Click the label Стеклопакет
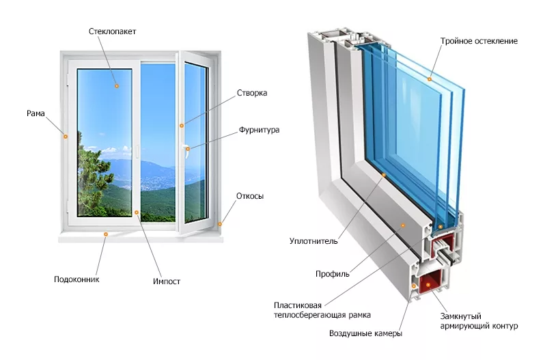112,31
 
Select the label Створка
251,93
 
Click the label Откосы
250,196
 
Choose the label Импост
167,281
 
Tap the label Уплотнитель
314,241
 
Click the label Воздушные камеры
365,333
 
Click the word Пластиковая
298,304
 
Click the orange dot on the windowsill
105,234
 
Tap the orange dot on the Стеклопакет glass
117,86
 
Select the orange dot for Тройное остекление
430,79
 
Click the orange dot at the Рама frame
66,137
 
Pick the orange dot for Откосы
221,223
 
